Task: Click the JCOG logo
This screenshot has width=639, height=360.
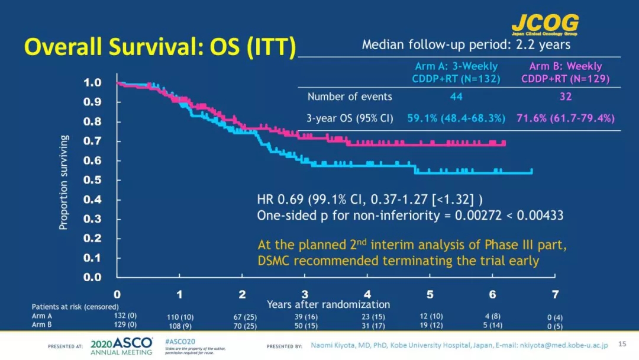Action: point(545,24)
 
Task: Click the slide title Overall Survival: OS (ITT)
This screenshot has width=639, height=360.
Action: point(159,47)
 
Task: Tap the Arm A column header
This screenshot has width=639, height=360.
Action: point(456,72)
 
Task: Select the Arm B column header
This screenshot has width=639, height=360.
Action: point(565,72)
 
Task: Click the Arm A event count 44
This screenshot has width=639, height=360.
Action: point(456,97)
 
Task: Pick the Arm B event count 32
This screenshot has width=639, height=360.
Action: point(566,97)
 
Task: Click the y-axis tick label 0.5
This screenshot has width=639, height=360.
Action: point(92,180)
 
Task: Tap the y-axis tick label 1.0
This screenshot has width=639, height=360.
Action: point(92,83)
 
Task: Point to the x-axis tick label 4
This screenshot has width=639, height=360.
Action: point(367,294)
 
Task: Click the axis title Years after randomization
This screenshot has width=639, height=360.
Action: point(328,304)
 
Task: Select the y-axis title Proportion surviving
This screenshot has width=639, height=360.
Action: point(63,182)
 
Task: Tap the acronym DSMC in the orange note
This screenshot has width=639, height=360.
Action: point(275,261)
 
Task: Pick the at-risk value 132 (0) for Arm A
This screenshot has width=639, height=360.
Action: point(124,316)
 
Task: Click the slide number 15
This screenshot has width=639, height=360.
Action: point(622,343)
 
